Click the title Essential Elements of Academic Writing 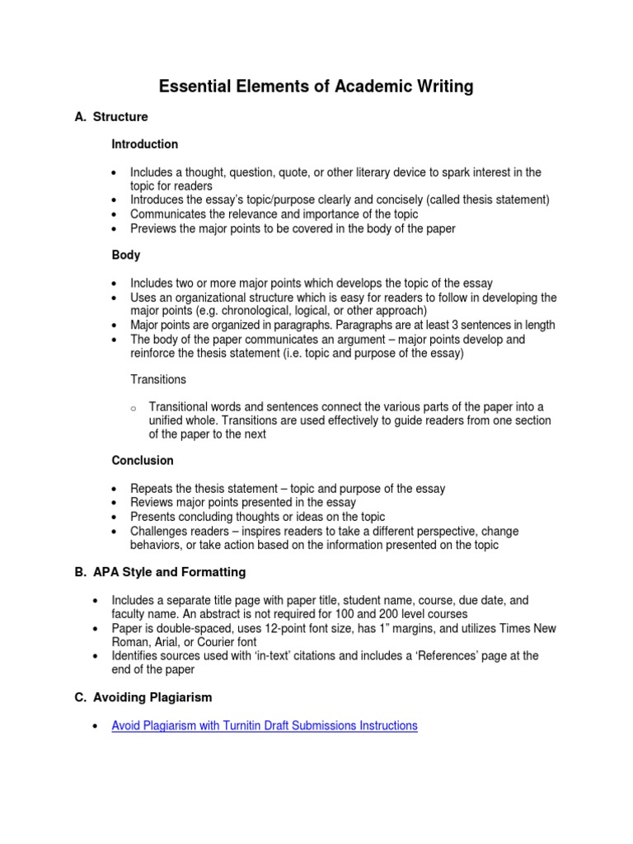coord(316,87)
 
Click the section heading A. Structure coord(111,117)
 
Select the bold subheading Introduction coord(145,144)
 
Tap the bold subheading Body coord(126,256)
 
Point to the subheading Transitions coord(158,380)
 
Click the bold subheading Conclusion coord(143,461)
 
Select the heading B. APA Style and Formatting coord(160,572)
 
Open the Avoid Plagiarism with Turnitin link coord(265,726)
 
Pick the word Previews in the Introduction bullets coord(154,228)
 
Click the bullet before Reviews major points coord(113,503)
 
